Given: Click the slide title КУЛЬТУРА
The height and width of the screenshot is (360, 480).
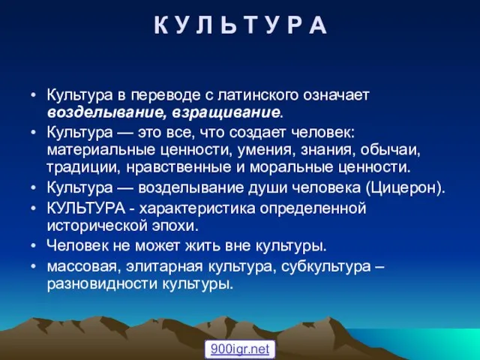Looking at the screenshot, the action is (x=241, y=25).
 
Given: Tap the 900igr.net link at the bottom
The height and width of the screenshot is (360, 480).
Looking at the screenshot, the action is (x=240, y=349).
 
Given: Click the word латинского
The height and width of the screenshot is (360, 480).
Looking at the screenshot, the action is (x=258, y=95).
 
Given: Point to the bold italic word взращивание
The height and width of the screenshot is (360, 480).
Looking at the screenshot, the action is (x=226, y=113).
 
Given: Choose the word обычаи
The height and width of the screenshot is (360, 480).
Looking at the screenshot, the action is (x=388, y=150).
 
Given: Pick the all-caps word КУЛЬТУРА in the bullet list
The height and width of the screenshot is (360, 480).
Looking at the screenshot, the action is (x=86, y=208).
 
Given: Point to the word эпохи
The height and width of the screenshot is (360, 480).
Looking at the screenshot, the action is (x=173, y=226).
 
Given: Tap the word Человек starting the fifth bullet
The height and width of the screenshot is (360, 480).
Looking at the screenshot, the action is (x=77, y=245).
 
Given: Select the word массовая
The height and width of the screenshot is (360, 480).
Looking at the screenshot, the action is (x=80, y=267).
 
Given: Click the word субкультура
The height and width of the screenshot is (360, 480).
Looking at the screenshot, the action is (x=325, y=267).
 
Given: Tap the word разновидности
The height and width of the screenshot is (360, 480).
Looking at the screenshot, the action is (x=102, y=284).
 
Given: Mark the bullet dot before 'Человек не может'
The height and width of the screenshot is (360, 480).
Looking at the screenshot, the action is (x=34, y=246).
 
